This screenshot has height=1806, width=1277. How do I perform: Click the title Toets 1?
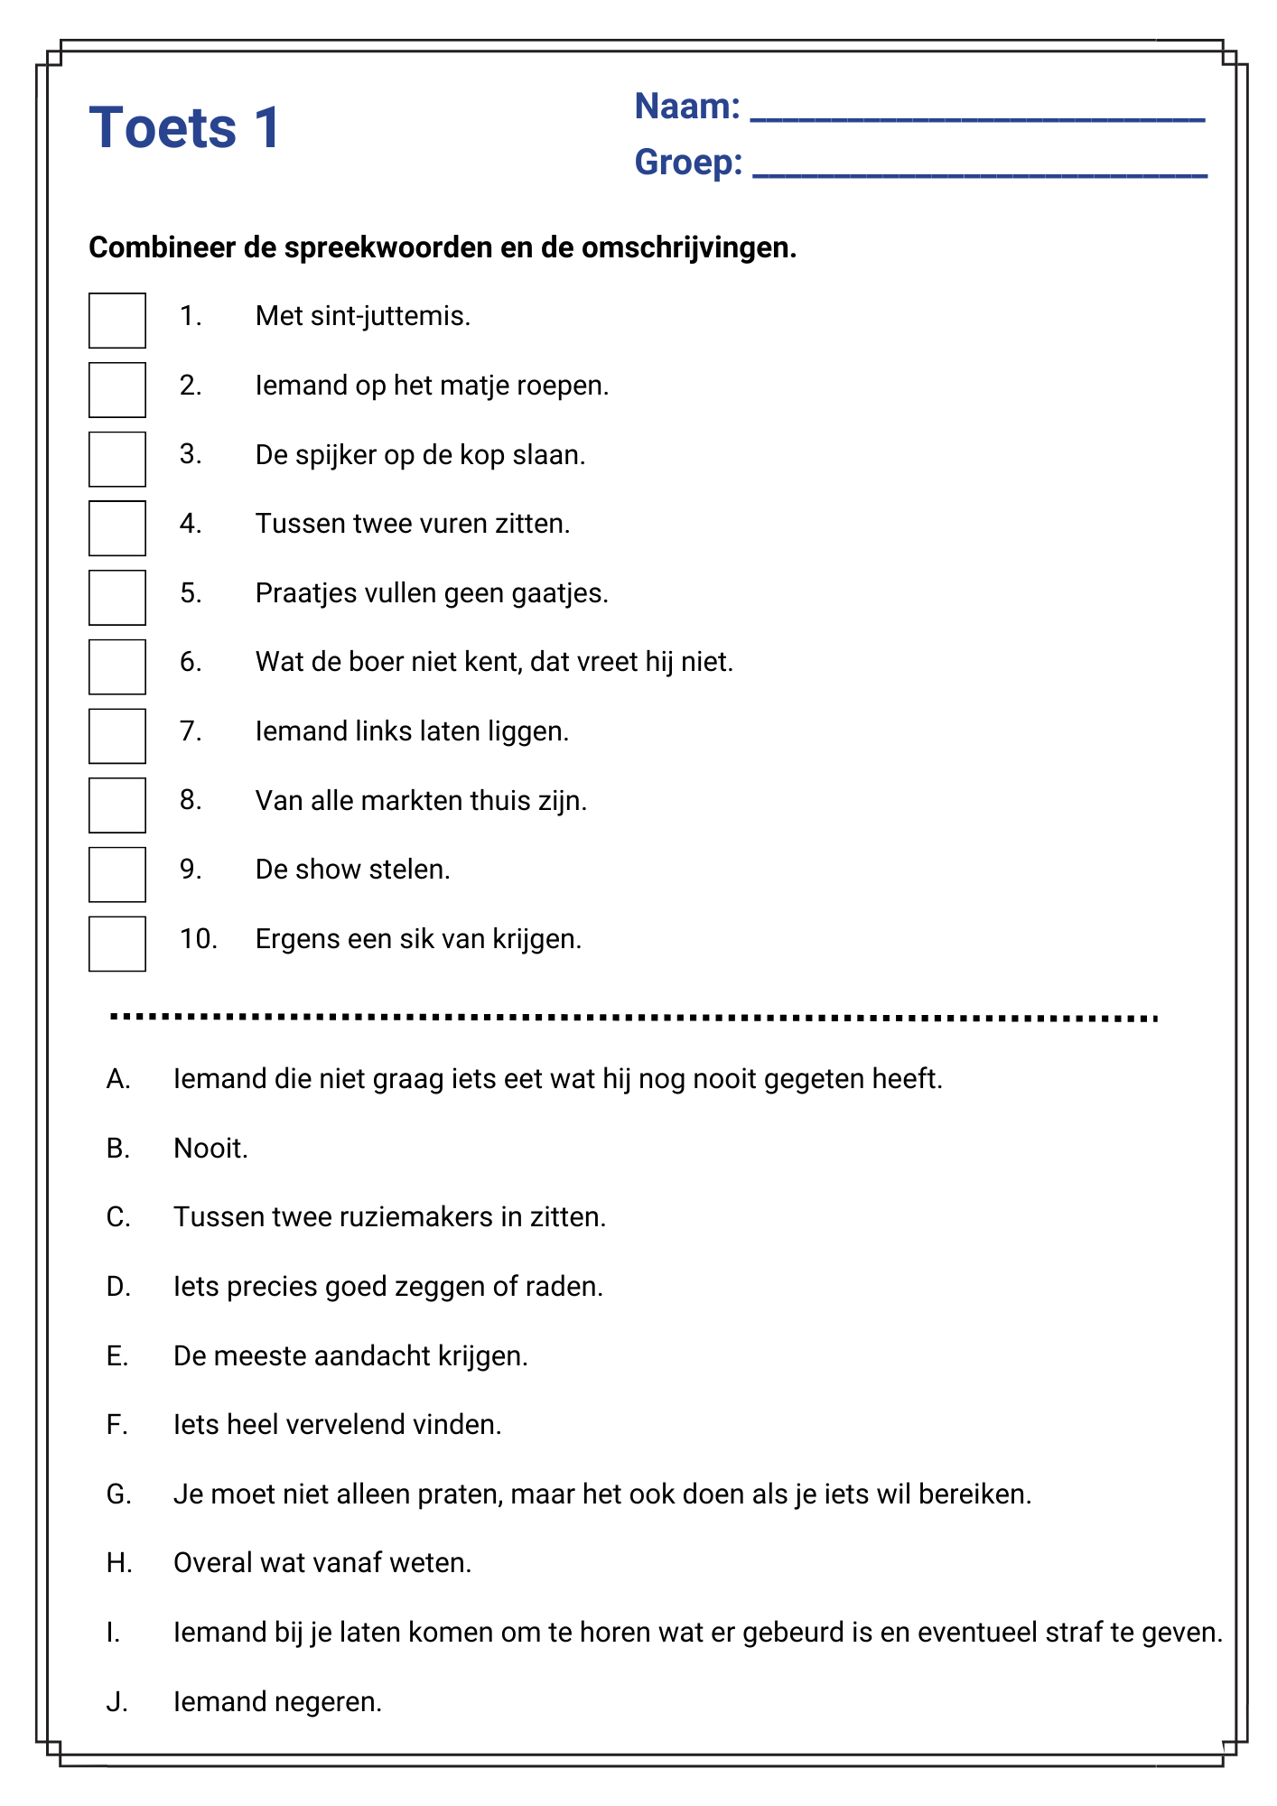pyautogui.click(x=185, y=127)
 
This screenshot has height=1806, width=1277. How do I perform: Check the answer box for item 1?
pyautogui.click(x=117, y=321)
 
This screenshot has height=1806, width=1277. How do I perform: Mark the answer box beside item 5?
pyautogui.click(x=117, y=598)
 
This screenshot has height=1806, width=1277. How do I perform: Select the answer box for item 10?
pyautogui.click(x=117, y=944)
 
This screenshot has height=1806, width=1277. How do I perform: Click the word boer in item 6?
pyautogui.click(x=377, y=662)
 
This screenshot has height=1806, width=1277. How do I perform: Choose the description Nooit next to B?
pyautogui.click(x=210, y=1149)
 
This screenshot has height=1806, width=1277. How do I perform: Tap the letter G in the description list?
pyautogui.click(x=118, y=1494)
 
